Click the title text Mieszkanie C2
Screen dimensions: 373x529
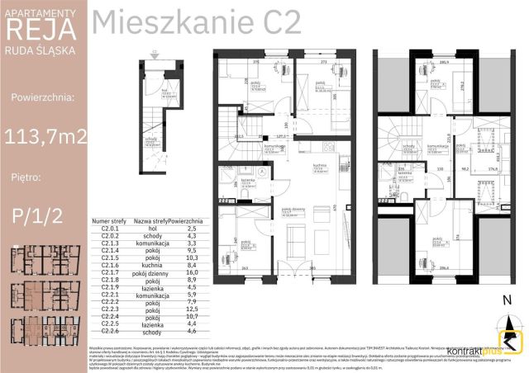click(x=196, y=23)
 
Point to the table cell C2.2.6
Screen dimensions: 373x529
click(x=110, y=332)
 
